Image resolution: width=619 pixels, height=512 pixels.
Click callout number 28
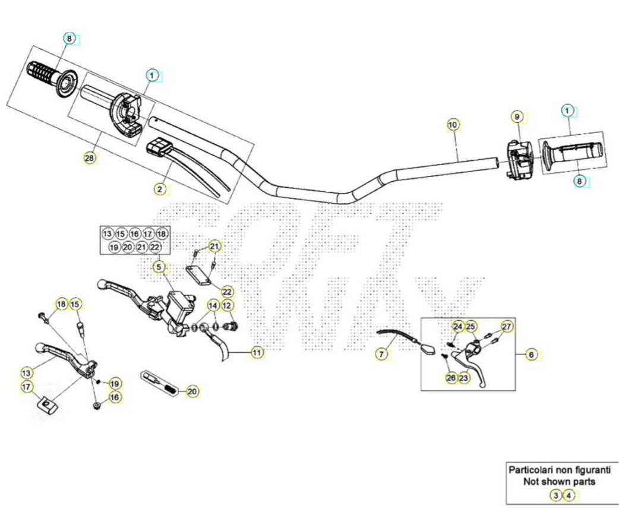coord(90,158)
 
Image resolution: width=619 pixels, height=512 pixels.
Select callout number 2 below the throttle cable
coord(159,189)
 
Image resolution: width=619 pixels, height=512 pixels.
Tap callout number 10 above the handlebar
coord(453,125)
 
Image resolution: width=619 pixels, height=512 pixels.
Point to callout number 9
coord(517,117)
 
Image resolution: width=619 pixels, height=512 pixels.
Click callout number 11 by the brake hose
coord(257,352)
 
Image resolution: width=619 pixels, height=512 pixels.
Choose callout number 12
coord(227,305)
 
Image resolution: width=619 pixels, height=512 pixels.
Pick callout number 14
coord(213,305)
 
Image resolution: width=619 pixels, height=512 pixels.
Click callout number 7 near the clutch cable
coord(381,355)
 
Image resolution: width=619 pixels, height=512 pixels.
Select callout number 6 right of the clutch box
coord(531,355)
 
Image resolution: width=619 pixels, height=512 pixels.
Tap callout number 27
coord(507,327)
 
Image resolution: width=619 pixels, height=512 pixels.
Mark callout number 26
coord(451,378)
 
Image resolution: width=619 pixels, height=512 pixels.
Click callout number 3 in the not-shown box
coord(556,495)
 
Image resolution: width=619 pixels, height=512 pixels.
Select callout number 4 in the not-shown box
coord(569,495)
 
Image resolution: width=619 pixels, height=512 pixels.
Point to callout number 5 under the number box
coord(159,267)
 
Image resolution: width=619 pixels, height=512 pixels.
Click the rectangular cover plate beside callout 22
coord(198,275)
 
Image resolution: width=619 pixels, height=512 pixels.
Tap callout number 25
coord(470,327)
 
